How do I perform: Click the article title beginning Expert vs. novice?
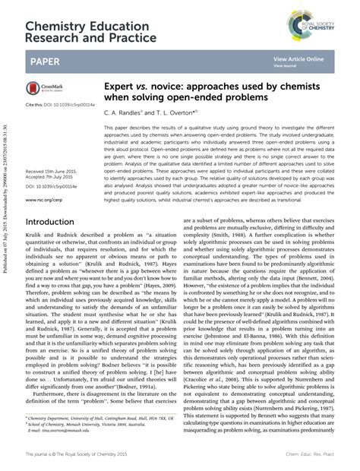(190, 93)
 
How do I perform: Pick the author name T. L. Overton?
(171, 111)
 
